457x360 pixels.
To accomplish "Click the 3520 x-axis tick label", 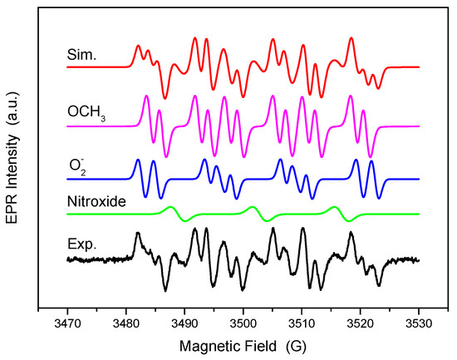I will (x=360, y=322).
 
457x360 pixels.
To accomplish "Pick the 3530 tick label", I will (x=419, y=322).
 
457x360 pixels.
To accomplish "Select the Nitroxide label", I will (x=91, y=199).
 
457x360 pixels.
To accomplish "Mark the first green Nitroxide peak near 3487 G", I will (x=170, y=207).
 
